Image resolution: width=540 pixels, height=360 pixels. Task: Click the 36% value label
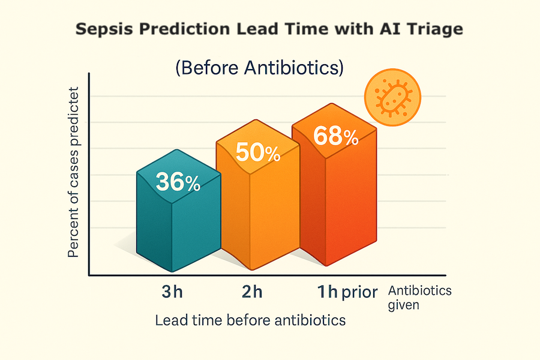(178, 182)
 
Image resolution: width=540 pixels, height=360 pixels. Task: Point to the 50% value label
(258, 153)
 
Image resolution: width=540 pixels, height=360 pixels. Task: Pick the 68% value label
(336, 137)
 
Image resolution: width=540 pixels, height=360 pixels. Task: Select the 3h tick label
(172, 293)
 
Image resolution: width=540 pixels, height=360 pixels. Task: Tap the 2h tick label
(252, 293)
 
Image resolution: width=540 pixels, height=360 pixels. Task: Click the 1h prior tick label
(347, 292)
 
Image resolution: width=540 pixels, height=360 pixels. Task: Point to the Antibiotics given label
(419, 298)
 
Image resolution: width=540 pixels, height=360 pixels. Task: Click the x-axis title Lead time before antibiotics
(250, 320)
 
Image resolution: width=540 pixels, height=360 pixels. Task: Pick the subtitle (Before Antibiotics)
(259, 68)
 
